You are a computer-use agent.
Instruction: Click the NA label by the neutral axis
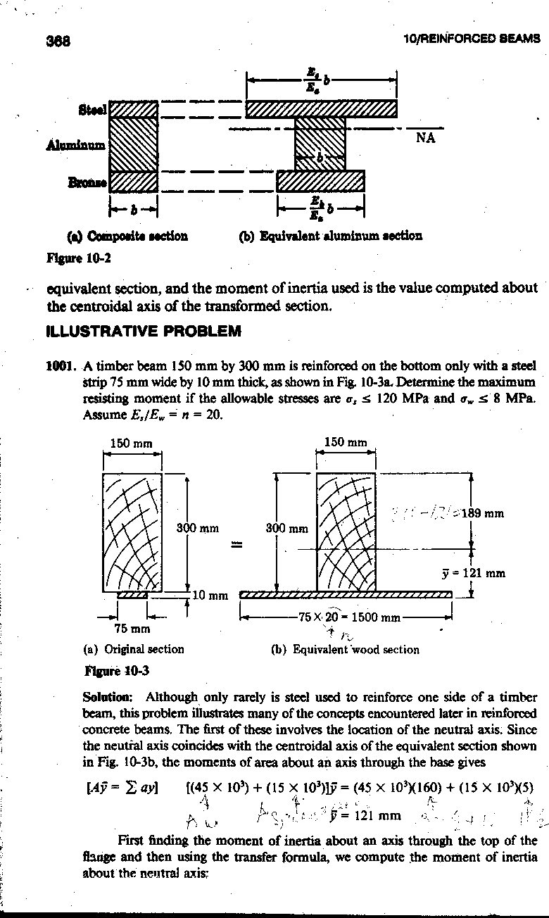tap(425, 138)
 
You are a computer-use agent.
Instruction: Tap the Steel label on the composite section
tap(92, 110)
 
